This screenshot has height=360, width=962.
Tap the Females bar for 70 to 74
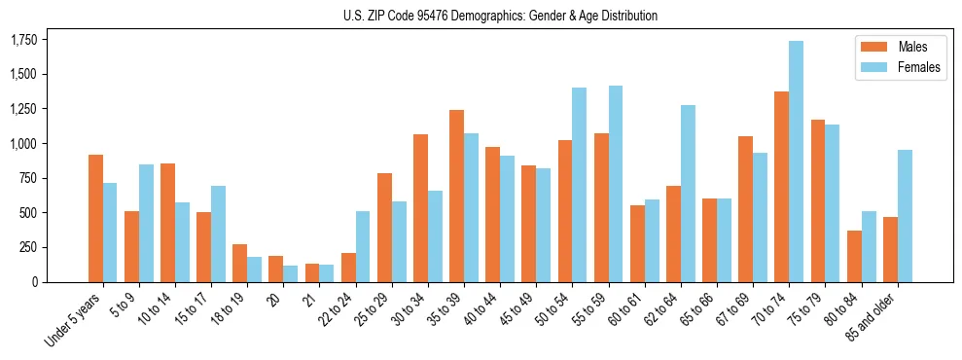tap(796, 162)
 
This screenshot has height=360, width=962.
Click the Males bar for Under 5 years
tap(95, 218)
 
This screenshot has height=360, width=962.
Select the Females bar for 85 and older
tap(905, 216)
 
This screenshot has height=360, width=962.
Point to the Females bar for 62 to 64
tap(688, 194)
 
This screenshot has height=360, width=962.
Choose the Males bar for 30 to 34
tap(420, 208)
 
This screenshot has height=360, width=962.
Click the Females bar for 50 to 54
tap(579, 185)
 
